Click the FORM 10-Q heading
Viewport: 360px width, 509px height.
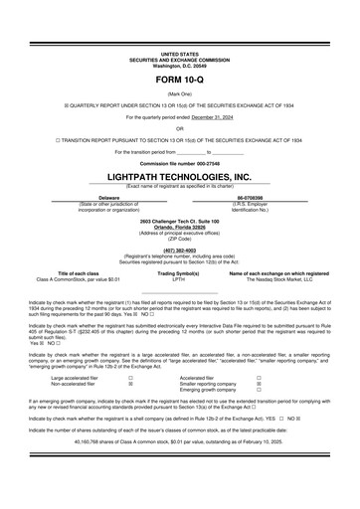click(x=179, y=77)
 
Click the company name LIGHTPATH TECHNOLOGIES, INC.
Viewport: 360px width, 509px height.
click(x=179, y=176)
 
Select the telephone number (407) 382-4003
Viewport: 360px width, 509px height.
click(x=179, y=250)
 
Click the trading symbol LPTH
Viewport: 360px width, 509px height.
click(x=179, y=279)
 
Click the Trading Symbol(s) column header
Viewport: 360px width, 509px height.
click(x=179, y=272)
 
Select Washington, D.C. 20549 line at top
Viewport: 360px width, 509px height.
click(x=179, y=64)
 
